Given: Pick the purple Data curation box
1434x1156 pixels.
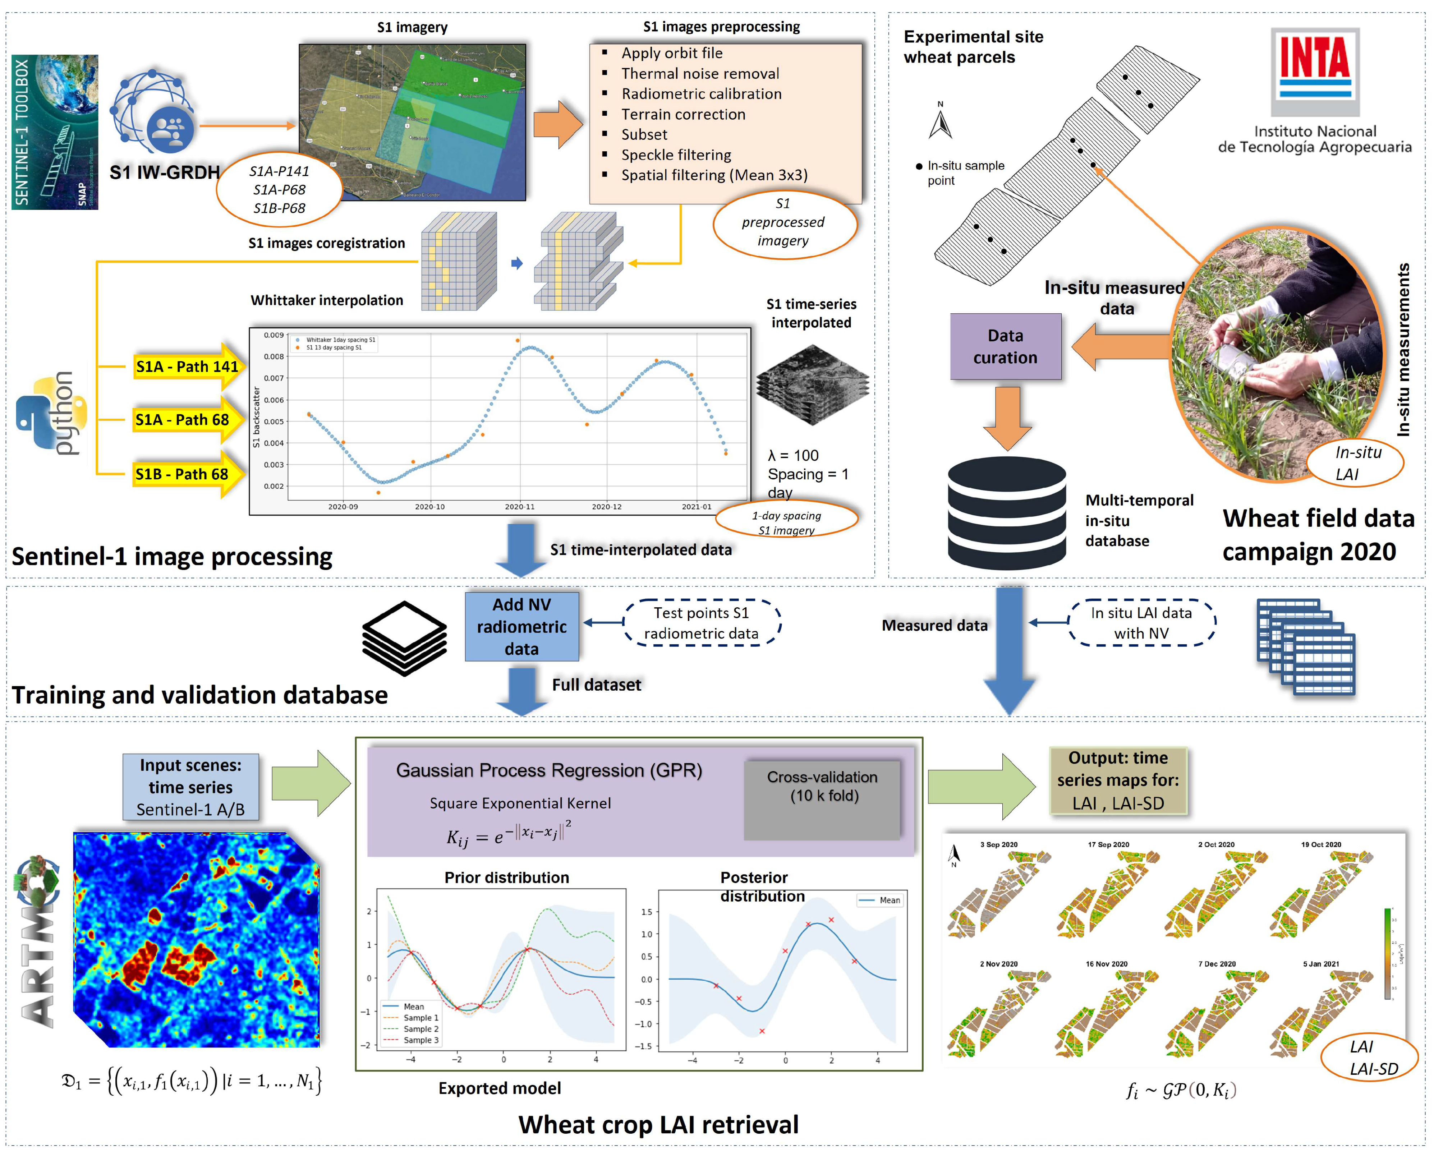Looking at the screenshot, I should click(x=1005, y=347).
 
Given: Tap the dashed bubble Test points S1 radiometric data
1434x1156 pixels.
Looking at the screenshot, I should click(x=701, y=623).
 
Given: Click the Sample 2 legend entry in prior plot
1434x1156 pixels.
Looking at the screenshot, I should click(x=420, y=1029).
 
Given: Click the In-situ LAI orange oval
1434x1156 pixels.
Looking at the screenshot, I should click(x=1355, y=463).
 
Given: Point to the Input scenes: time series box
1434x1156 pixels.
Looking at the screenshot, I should click(x=190, y=787).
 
